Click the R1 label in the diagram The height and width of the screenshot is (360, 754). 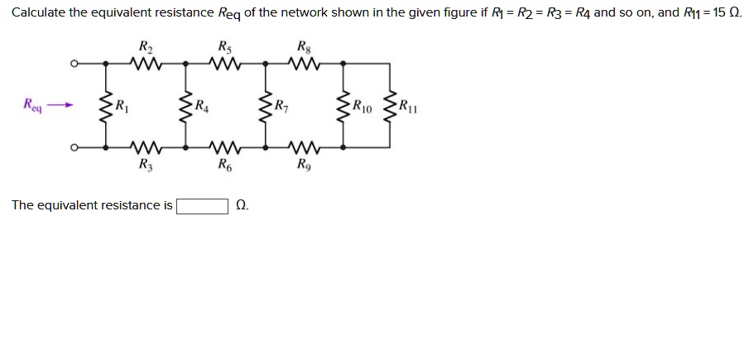click(122, 105)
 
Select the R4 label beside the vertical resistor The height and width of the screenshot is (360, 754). click(201, 105)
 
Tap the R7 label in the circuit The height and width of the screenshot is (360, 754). click(281, 105)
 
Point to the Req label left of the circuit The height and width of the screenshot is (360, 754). click(32, 105)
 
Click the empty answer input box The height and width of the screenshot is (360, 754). click(202, 205)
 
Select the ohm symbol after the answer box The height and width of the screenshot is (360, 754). click(241, 205)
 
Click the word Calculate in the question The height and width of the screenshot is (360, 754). click(39, 12)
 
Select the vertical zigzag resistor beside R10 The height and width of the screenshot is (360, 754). click(343, 106)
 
